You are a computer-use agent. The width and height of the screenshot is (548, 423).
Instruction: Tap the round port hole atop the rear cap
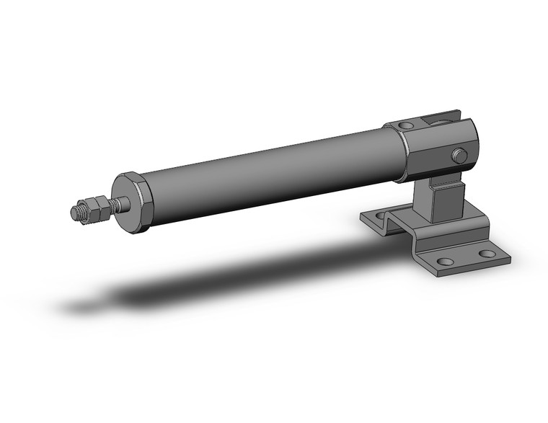pyautogui.click(x=406, y=125)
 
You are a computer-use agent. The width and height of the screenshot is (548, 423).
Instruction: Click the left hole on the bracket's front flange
pyautogui.click(x=446, y=262)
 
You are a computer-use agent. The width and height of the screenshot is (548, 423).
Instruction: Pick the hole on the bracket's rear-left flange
pyautogui.click(x=380, y=215)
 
